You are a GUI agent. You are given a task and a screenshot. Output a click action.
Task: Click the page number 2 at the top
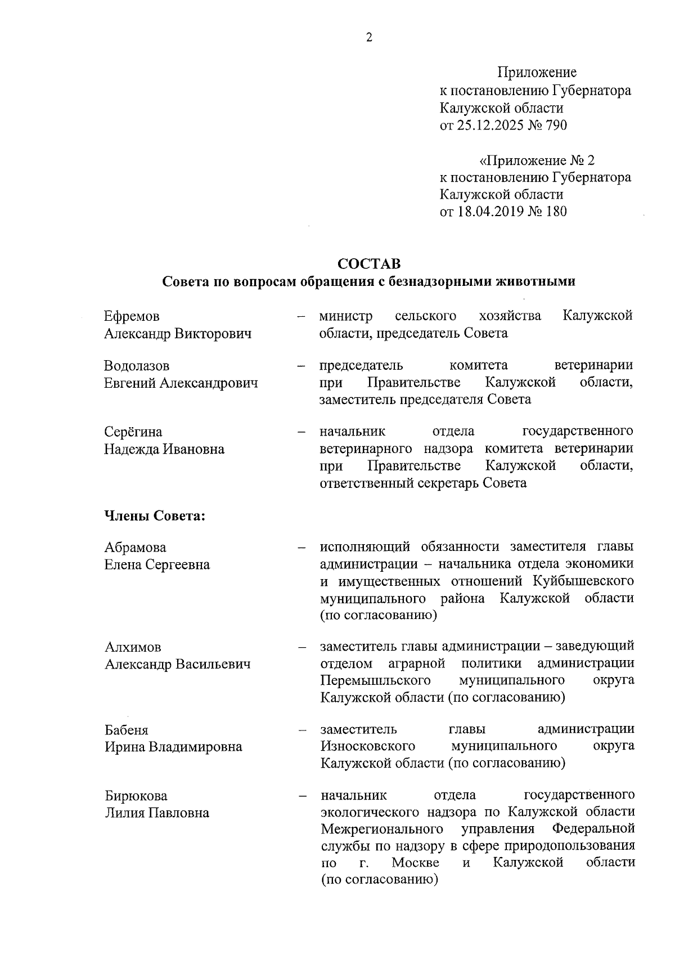point(369,38)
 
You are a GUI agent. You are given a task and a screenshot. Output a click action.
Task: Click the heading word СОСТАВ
point(369,264)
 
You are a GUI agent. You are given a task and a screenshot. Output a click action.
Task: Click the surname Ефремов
point(132,316)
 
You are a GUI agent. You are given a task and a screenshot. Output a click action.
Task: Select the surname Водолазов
point(137,366)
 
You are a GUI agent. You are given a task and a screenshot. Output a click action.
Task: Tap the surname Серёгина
point(133,432)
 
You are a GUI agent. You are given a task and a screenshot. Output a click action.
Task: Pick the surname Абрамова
point(136,548)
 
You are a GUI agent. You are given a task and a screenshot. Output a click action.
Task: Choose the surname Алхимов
point(133,647)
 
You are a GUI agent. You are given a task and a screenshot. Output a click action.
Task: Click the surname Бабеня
point(127,730)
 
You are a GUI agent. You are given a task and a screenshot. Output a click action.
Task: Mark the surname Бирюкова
point(136,796)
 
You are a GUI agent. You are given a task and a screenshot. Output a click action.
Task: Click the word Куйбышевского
point(587,580)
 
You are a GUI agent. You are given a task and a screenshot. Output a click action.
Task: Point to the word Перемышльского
point(376,680)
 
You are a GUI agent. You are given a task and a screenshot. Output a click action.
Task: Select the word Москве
point(416,862)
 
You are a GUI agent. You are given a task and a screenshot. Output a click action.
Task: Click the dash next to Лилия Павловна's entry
point(302,796)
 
